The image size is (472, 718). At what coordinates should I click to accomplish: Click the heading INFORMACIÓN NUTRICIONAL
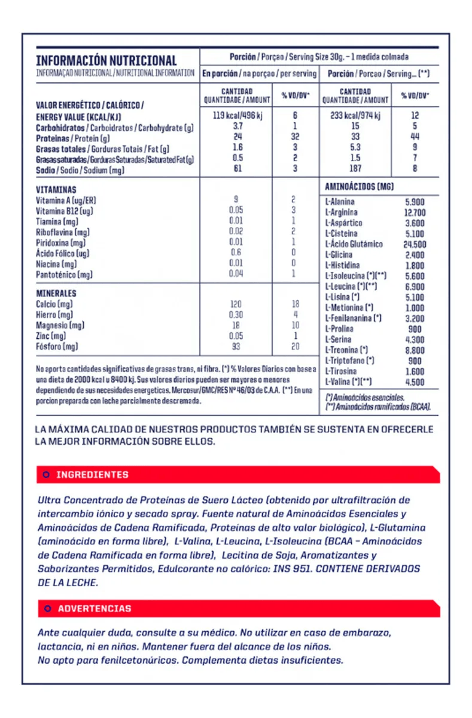click(x=106, y=60)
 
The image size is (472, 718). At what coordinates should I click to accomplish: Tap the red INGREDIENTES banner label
click(x=92, y=475)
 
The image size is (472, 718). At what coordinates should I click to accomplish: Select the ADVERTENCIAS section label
click(x=95, y=608)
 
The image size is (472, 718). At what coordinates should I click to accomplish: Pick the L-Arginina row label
click(x=341, y=213)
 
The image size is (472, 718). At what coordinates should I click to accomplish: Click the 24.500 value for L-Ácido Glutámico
click(x=414, y=244)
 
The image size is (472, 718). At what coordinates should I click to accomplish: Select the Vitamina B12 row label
click(x=65, y=211)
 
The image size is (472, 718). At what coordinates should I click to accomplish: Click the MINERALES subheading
click(x=56, y=293)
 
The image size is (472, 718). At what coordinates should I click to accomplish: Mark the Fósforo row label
click(x=57, y=347)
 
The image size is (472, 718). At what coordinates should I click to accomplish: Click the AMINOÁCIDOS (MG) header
click(x=359, y=187)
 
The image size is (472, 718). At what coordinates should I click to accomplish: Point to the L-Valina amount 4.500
click(x=414, y=381)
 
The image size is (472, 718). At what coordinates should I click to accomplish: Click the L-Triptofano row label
click(x=349, y=360)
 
